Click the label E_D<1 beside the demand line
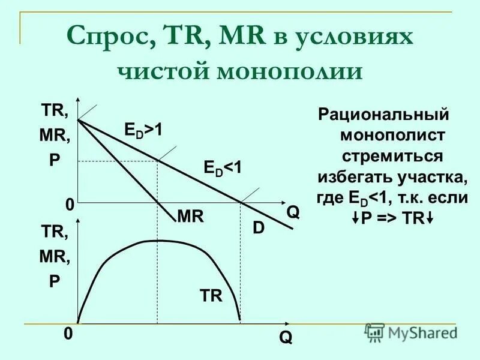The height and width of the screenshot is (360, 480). [x=223, y=169]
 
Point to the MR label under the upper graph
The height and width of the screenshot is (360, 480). [x=190, y=216]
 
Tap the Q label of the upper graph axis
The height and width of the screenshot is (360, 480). [x=293, y=212]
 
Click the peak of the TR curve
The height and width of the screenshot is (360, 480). [x=157, y=240]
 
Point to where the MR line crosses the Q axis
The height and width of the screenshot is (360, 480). [x=157, y=202]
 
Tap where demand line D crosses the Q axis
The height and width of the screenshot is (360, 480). [x=240, y=202]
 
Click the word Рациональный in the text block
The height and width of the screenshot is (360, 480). [x=384, y=115]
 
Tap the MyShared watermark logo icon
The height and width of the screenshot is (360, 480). [x=375, y=331]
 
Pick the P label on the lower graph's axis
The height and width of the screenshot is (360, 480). [x=55, y=281]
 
